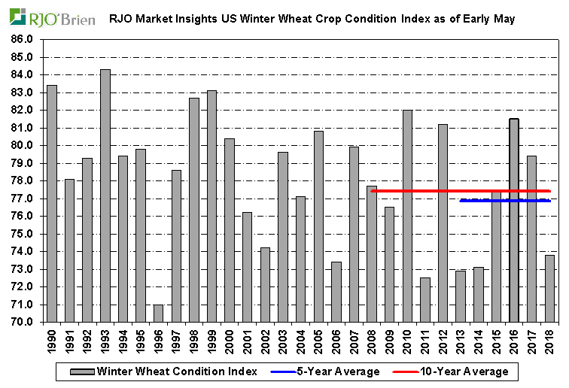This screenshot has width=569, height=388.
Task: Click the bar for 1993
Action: point(105,196)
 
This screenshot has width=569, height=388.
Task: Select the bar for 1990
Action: point(52,203)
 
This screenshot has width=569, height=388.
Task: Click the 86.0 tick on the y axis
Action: point(22,39)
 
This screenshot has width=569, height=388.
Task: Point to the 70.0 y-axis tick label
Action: point(22,322)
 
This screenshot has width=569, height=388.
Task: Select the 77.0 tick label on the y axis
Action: point(22,199)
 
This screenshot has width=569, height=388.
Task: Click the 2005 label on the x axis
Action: point(319,342)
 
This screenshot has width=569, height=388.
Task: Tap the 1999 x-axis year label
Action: point(212,342)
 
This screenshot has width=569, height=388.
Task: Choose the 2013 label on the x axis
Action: point(461,342)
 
